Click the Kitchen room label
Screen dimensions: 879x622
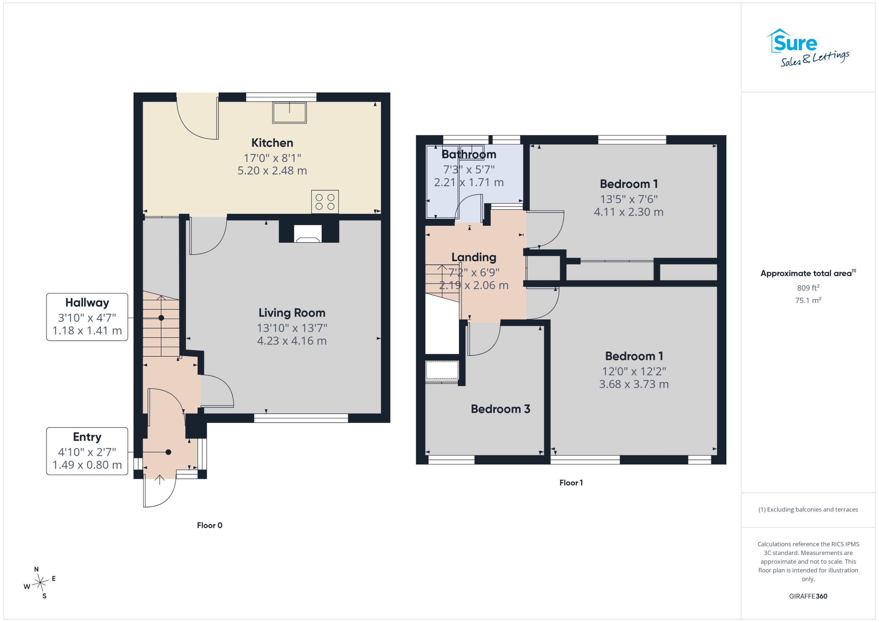click(272, 143)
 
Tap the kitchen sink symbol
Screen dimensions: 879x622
click(289, 113)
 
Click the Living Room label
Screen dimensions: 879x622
click(292, 313)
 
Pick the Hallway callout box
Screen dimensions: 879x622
click(87, 317)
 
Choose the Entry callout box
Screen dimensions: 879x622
click(87, 451)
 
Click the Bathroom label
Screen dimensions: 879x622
click(469, 154)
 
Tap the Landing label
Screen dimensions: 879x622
click(474, 257)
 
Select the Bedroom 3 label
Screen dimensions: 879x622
click(500, 409)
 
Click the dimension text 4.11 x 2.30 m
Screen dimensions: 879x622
click(629, 212)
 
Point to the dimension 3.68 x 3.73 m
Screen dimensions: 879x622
click(634, 384)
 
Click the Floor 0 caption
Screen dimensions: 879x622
click(209, 525)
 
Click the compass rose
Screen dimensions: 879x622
click(40, 583)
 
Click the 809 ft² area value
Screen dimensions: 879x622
click(808, 287)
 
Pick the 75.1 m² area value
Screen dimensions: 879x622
click(808, 300)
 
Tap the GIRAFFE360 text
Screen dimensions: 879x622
click(808, 596)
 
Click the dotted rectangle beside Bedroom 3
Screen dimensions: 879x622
click(442, 370)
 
